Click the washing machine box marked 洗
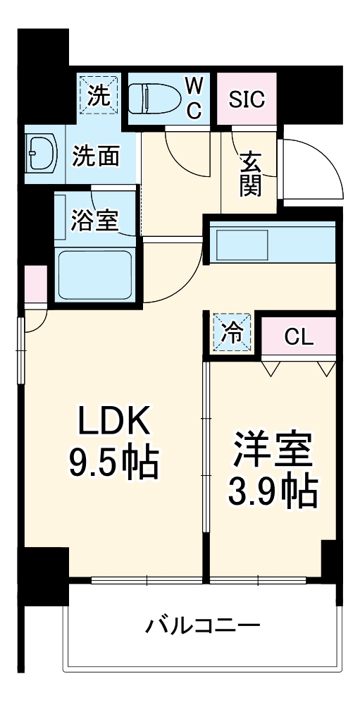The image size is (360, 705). [x=98, y=93]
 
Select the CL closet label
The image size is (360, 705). [x=298, y=337]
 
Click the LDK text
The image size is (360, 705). [x=114, y=423]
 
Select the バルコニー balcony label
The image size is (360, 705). [x=204, y=625]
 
